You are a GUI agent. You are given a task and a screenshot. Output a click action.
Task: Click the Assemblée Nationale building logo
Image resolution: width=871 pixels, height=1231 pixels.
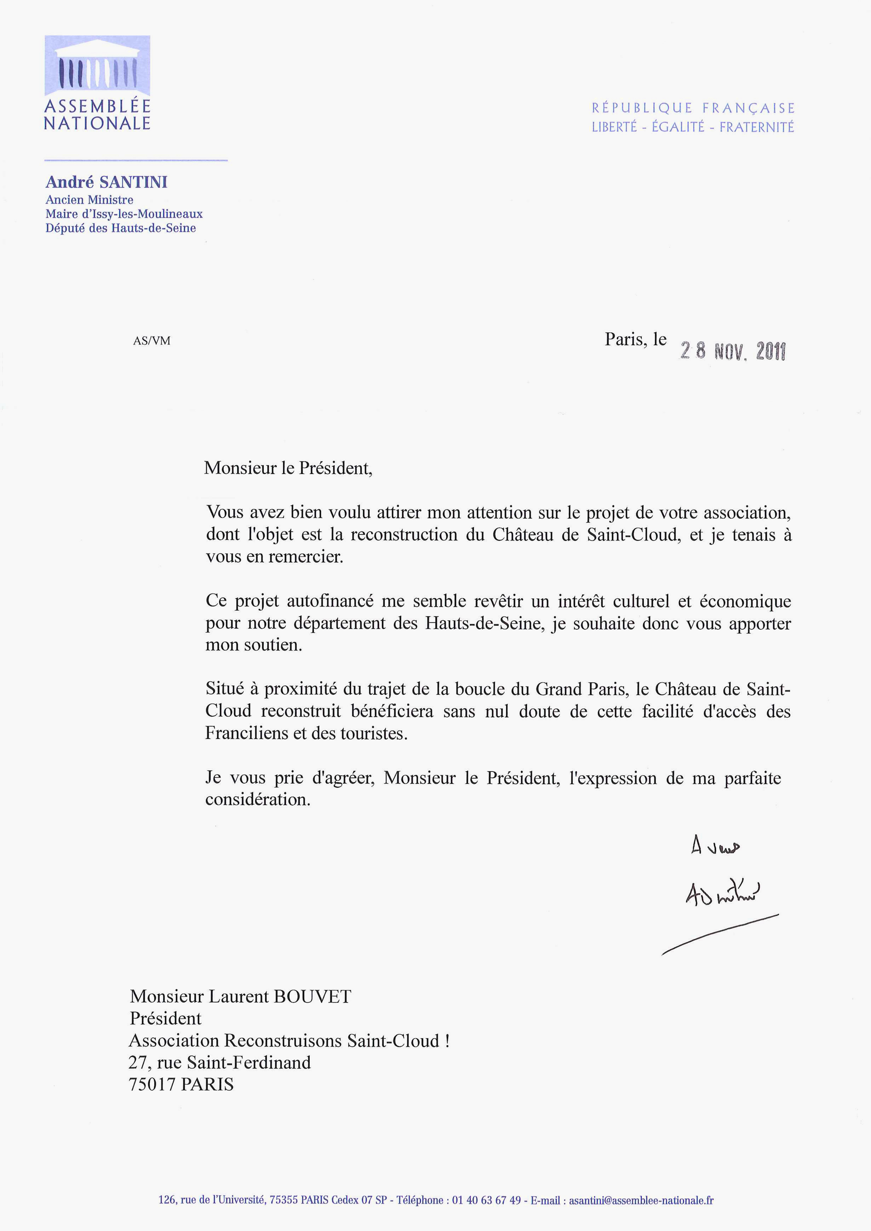(97, 65)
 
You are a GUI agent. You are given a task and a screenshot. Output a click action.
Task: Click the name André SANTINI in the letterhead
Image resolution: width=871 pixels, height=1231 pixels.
(106, 182)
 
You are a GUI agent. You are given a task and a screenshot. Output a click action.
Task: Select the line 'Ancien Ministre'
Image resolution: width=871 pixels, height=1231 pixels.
(89, 200)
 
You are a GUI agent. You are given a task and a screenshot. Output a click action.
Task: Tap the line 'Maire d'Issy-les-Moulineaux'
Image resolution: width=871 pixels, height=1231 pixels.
(124, 214)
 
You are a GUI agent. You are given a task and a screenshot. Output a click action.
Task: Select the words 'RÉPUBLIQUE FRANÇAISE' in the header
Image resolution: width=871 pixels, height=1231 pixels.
(693, 108)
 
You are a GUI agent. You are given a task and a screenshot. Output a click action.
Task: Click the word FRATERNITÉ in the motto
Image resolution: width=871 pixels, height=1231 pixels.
(756, 128)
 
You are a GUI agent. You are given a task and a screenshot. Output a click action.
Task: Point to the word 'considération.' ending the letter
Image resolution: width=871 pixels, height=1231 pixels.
(257, 799)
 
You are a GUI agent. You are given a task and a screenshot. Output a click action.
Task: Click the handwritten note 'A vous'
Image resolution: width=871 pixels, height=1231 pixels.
(716, 846)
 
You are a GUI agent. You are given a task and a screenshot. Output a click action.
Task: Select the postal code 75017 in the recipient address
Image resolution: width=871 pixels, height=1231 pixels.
(152, 1084)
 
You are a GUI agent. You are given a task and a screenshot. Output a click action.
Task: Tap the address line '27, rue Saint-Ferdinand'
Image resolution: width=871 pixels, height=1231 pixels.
(220, 1063)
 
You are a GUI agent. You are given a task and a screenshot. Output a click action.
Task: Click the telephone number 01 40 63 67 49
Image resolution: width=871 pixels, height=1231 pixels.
(486, 1200)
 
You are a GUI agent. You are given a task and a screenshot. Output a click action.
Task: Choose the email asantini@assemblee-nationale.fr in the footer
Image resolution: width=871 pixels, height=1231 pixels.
(641, 1200)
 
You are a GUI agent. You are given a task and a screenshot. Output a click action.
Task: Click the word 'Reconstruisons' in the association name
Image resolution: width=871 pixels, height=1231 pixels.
(283, 1041)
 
